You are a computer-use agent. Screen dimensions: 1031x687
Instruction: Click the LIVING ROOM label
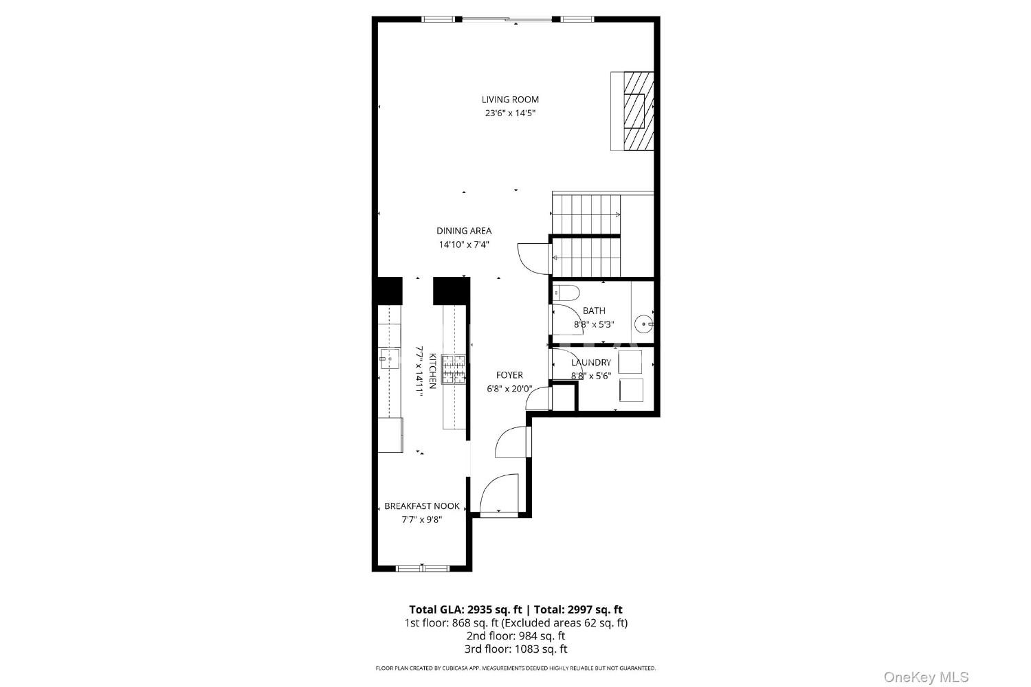point(510,100)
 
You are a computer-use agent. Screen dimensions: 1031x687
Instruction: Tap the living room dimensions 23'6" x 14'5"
point(510,113)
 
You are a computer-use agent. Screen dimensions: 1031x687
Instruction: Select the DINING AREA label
point(464,231)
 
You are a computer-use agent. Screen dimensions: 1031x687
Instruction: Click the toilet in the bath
point(566,293)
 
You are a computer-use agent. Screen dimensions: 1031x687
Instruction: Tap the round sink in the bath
point(643,324)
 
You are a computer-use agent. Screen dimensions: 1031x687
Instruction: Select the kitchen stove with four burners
point(454,369)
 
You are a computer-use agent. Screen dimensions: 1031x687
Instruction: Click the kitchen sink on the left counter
point(389,359)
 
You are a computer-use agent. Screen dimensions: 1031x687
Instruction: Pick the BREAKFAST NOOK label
point(422,506)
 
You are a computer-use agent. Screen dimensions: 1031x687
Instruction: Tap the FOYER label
point(509,375)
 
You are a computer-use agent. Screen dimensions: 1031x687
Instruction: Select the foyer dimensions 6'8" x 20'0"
point(509,389)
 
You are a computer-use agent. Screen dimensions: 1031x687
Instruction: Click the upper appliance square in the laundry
point(630,362)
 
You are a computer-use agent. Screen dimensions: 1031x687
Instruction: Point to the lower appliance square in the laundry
point(631,390)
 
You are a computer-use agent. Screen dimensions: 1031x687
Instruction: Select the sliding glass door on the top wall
point(507,19)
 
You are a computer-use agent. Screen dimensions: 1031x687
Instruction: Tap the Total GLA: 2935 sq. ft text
point(465,609)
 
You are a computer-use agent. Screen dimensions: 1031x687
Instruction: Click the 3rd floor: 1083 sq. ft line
point(515,649)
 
